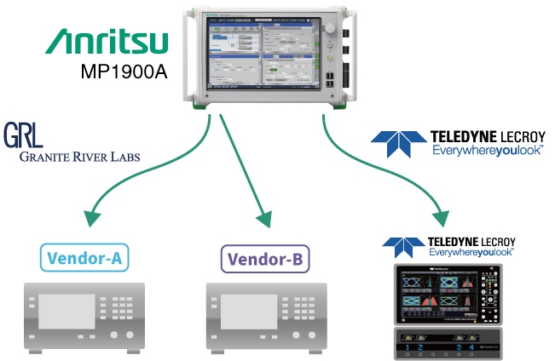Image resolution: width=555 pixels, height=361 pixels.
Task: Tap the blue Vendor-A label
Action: pos(90,256)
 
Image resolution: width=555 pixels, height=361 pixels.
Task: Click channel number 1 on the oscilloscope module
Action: pos(408,349)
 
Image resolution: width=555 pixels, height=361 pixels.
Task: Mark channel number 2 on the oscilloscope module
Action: pos(419,349)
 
